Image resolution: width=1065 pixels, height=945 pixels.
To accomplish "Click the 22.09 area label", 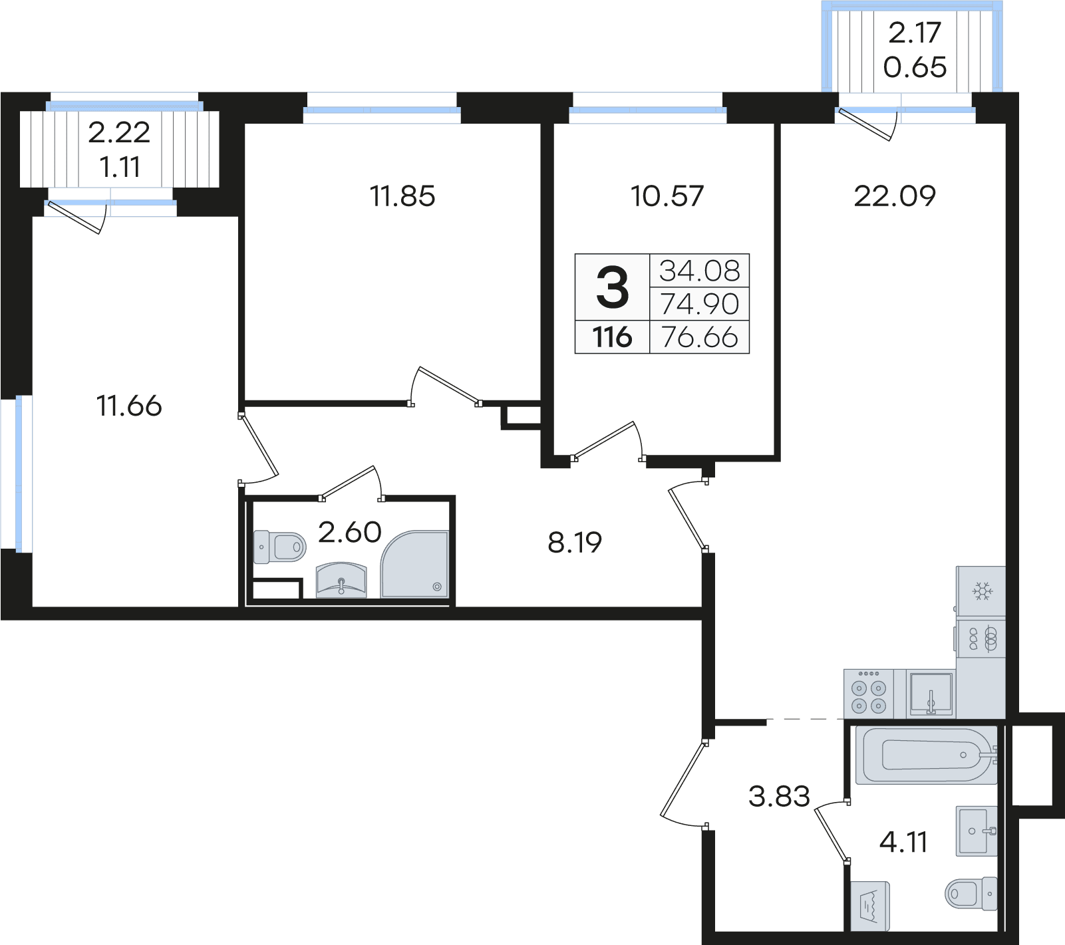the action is (x=895, y=196).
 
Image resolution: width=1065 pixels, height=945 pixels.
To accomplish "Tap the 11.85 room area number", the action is (x=402, y=196).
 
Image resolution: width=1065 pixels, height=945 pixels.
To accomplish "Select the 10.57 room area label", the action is (x=667, y=196).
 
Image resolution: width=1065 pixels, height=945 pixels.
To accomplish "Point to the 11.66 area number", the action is (x=129, y=406).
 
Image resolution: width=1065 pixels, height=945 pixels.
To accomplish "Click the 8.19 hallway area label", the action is (x=575, y=543).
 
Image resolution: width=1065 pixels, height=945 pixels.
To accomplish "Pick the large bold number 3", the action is (x=613, y=287).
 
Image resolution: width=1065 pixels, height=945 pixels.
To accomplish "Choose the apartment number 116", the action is (x=613, y=337).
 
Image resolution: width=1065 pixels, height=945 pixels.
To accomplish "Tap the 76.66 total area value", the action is (x=700, y=337).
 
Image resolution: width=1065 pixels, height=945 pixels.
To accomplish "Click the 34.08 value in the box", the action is (x=700, y=271).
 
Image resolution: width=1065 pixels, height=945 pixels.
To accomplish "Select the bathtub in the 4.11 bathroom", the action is (x=926, y=755).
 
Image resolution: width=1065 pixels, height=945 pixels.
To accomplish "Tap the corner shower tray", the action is (x=414, y=564).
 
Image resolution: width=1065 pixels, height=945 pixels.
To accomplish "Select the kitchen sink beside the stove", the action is (x=931, y=694).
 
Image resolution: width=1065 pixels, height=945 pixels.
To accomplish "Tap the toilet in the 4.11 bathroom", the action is (x=971, y=892).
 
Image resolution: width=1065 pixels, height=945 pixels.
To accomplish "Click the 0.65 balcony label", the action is (x=915, y=67).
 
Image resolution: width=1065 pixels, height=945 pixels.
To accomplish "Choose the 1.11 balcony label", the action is (x=120, y=167).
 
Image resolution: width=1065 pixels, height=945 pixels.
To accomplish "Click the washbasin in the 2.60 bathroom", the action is (x=341, y=581).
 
